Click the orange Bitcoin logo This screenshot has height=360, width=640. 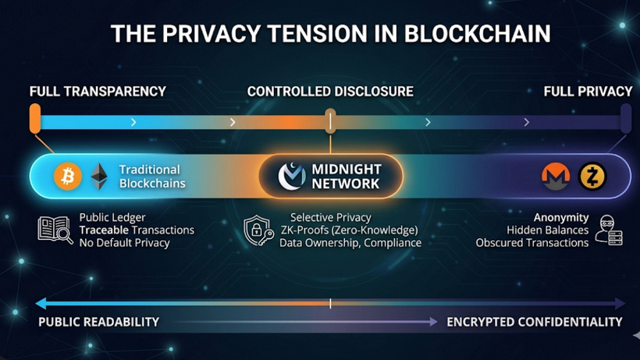tap(68, 176)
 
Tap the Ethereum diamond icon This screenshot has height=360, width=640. tap(98, 176)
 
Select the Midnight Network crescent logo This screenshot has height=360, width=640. tap(292, 176)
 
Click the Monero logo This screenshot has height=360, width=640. tap(556, 177)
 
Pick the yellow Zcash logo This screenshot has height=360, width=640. tap(592, 177)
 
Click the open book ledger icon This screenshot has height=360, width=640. tap(55, 230)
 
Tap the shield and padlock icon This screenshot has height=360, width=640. tap(258, 231)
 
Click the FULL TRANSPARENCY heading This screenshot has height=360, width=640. tap(98, 91)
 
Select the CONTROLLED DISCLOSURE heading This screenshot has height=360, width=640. tap(330, 91)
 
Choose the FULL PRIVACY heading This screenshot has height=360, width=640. tap(588, 91)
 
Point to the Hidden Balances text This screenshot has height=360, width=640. tap(547, 230)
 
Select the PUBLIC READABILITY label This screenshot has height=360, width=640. tap(98, 322)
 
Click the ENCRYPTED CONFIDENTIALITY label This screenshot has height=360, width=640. tap(535, 322)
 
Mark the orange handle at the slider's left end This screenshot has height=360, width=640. tap(34, 118)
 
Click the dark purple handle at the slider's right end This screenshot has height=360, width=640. tap(625, 119)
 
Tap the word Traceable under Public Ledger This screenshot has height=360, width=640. tap(105, 230)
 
